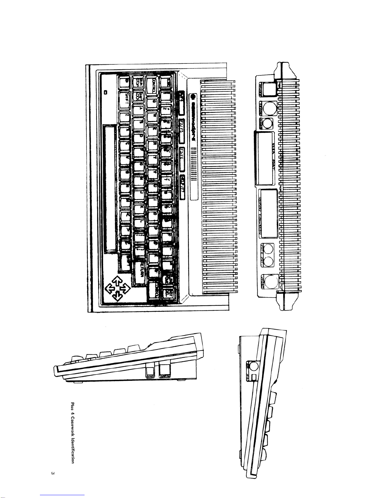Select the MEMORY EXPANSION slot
(x=268, y=214)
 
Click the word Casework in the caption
(x=73, y=425)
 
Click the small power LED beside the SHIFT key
(x=106, y=92)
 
